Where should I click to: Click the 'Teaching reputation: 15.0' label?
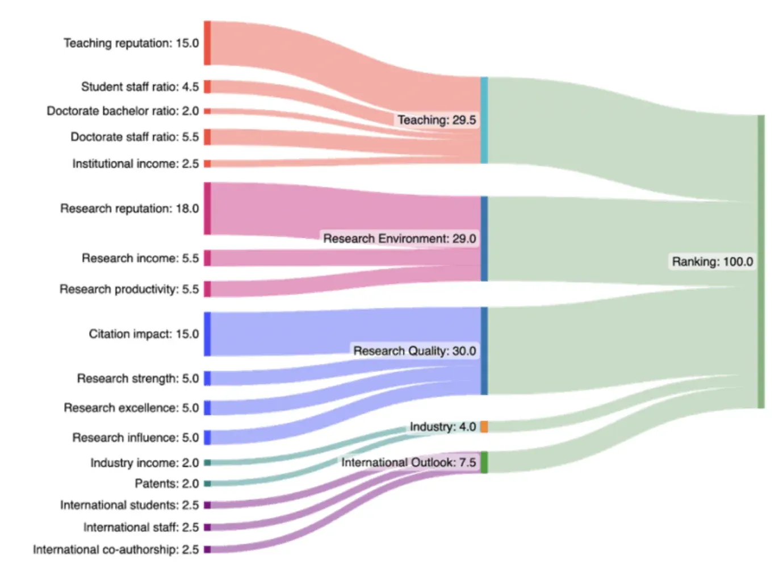[x=131, y=43]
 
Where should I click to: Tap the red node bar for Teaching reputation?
[x=207, y=43]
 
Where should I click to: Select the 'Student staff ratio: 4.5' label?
[x=140, y=87]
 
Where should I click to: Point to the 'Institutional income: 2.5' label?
[x=135, y=164]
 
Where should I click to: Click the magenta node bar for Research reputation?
[x=207, y=208]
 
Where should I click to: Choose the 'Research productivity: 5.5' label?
[x=129, y=289]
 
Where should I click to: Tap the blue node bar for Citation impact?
[x=207, y=334]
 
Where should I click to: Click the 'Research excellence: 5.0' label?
[x=131, y=408]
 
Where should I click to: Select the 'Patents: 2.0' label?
[x=166, y=483]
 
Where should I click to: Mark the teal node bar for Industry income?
[x=207, y=463]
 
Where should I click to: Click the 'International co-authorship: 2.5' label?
[x=116, y=549]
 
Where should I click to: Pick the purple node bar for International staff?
[x=207, y=527]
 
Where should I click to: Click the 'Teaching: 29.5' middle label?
[x=436, y=120]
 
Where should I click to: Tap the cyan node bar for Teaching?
[x=484, y=120]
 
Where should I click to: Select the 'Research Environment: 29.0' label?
[x=399, y=239]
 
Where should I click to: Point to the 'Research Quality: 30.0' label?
[x=414, y=351]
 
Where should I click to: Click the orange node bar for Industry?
[x=484, y=427]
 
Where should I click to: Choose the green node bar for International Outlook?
[x=484, y=462]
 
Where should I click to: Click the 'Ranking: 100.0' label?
[x=712, y=262]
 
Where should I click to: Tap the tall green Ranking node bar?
[x=761, y=261]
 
